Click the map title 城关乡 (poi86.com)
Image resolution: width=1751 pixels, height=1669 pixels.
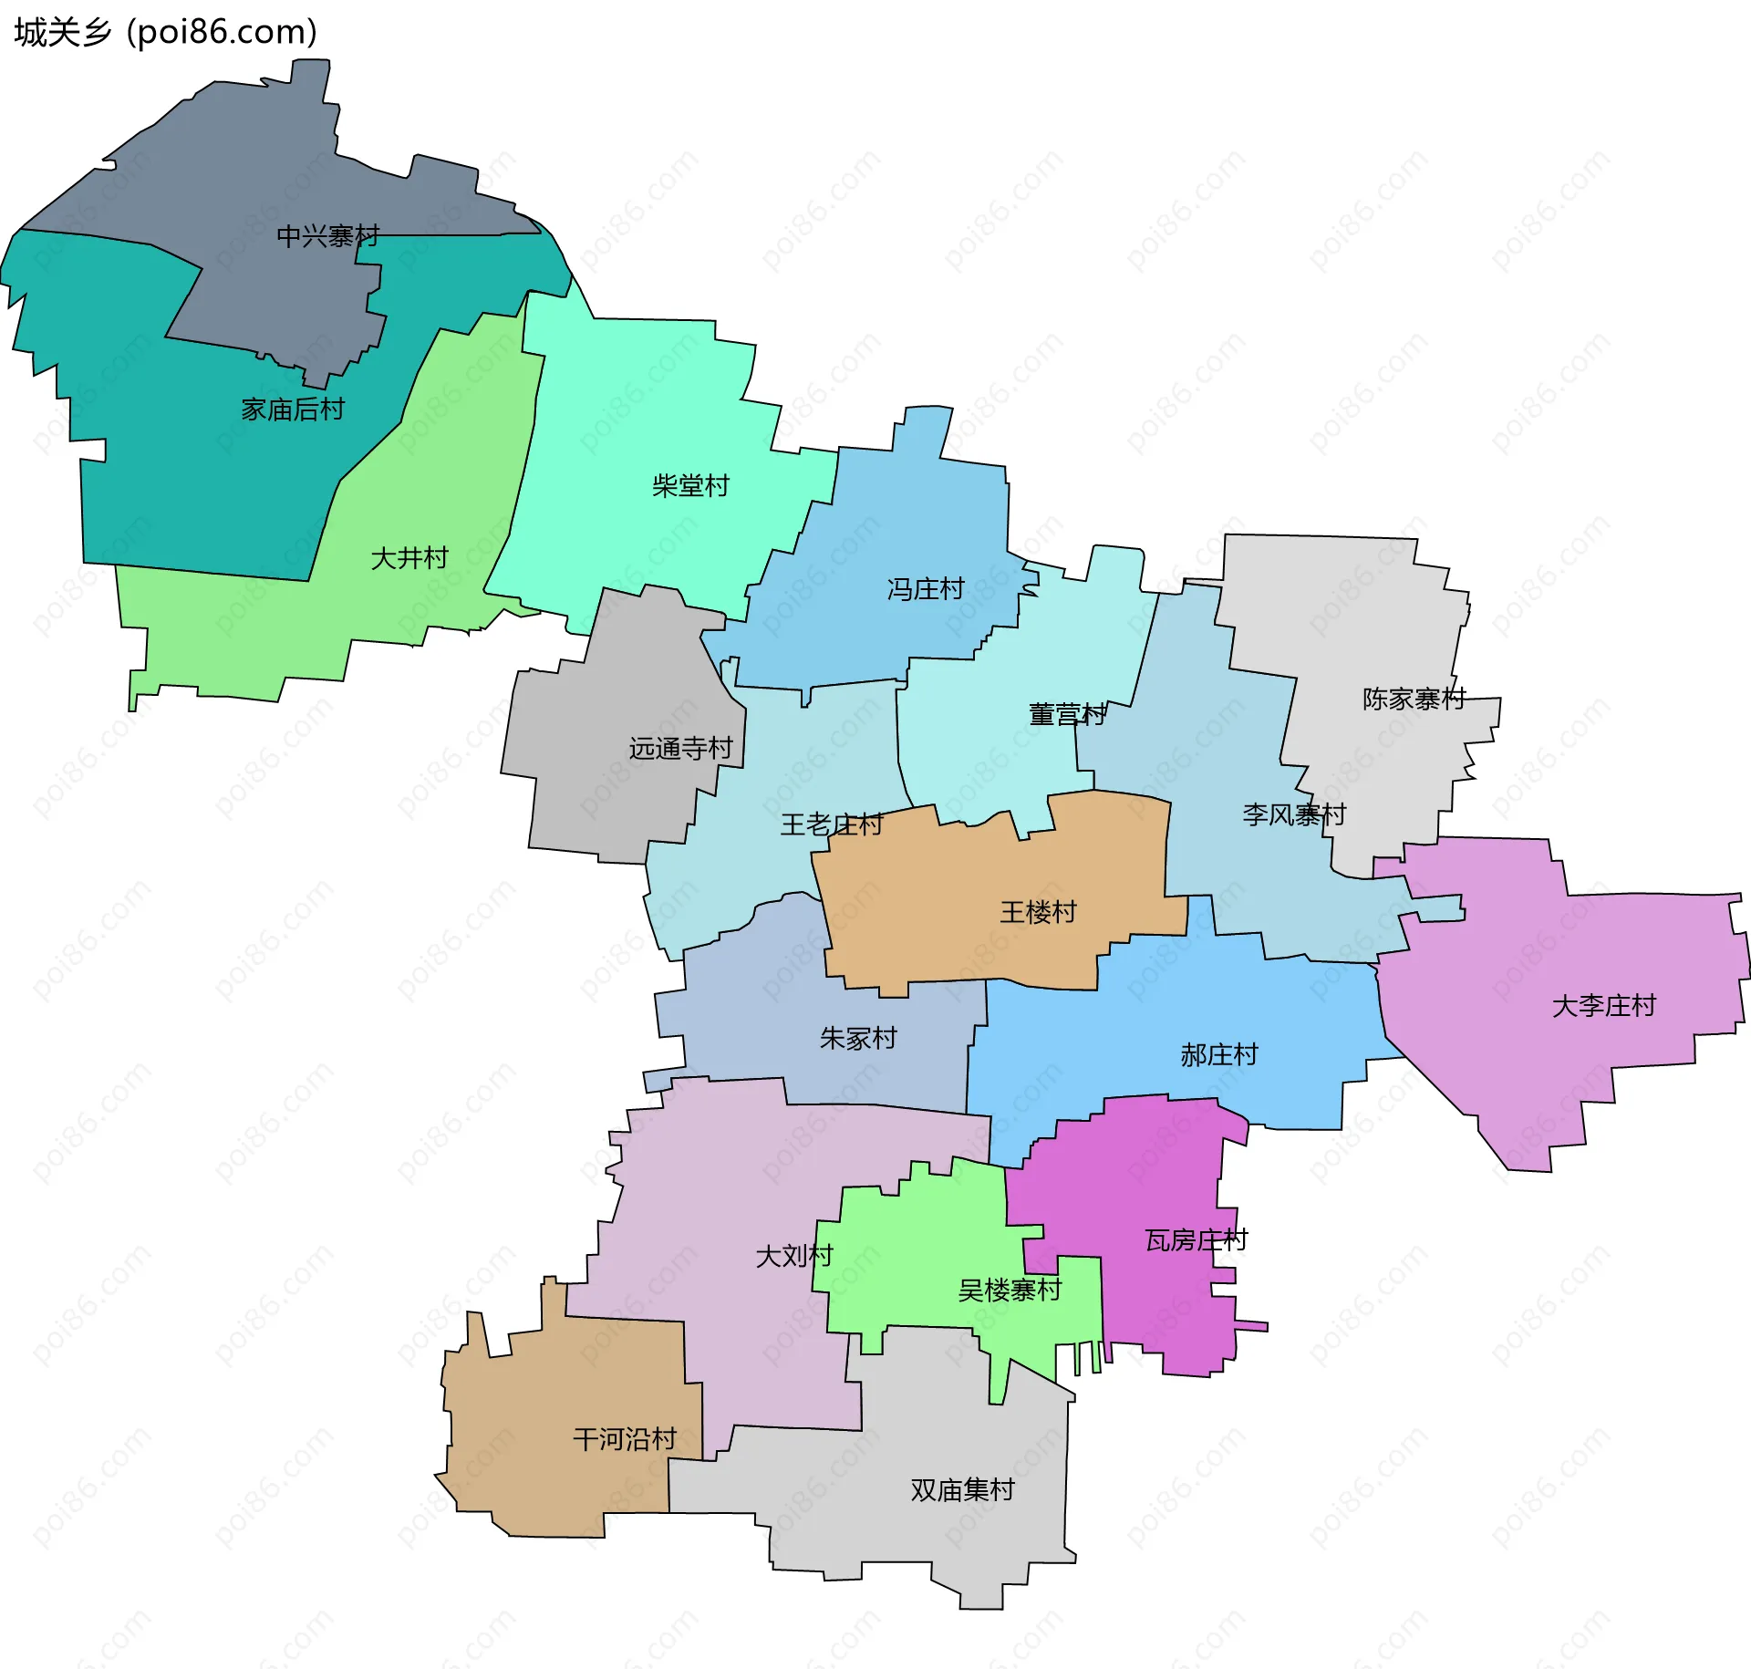pyautogui.click(x=165, y=32)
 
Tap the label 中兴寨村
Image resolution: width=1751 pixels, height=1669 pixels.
pyautogui.click(x=327, y=236)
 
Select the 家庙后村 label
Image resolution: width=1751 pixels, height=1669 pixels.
pyautogui.click(x=293, y=409)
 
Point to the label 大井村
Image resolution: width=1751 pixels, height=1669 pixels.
pyautogui.click(x=409, y=557)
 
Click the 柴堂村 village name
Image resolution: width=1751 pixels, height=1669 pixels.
pyautogui.click(x=690, y=485)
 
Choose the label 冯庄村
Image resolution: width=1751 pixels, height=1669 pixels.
pyautogui.click(x=926, y=588)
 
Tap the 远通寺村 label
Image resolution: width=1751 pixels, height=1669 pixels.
pyautogui.click(x=680, y=748)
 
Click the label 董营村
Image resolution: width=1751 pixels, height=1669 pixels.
pyautogui.click(x=1067, y=713)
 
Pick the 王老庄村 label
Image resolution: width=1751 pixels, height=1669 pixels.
pyautogui.click(x=831, y=824)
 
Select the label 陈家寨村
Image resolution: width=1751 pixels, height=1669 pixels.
pyautogui.click(x=1414, y=699)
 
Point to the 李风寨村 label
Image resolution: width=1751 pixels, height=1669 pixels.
pyautogui.click(x=1293, y=814)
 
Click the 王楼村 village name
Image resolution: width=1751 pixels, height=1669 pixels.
pyautogui.click(x=1038, y=911)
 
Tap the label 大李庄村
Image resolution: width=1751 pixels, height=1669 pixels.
pyautogui.click(x=1603, y=1005)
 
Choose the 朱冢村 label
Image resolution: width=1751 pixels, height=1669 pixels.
pyautogui.click(x=858, y=1037)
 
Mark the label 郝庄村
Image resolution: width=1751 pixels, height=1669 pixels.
pyautogui.click(x=1219, y=1054)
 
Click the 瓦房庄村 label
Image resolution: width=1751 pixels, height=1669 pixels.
pyautogui.click(x=1196, y=1239)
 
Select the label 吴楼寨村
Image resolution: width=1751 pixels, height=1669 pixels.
pyautogui.click(x=1010, y=1290)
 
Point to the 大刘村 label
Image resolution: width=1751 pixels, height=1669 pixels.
pyautogui.click(x=794, y=1256)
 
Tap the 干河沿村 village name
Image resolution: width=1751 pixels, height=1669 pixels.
pyautogui.click(x=625, y=1439)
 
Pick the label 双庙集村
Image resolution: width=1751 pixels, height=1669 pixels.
pyautogui.click(x=962, y=1489)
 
